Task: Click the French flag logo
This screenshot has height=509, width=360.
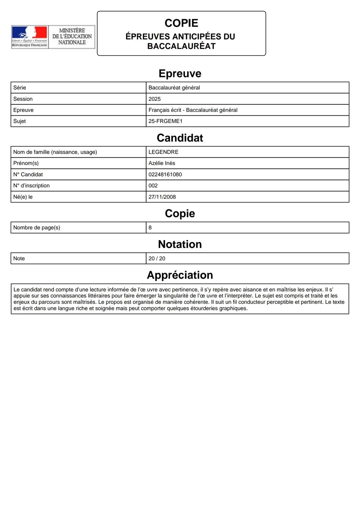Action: tap(29, 34)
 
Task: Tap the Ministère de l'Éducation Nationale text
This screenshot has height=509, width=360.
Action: tap(72, 36)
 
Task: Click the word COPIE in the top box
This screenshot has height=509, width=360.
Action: tap(181, 23)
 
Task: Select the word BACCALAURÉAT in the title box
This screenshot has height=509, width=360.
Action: tap(181, 46)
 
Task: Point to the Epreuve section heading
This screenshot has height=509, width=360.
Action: tap(180, 73)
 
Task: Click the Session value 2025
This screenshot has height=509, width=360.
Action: tap(155, 99)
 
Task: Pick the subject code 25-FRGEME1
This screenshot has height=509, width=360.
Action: tap(166, 121)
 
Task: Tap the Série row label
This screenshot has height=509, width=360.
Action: tap(20, 88)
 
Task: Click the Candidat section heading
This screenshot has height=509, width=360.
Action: tap(180, 138)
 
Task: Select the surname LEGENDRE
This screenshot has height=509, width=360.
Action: tap(163, 152)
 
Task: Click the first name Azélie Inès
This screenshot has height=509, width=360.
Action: tap(162, 163)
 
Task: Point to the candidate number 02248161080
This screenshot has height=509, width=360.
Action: tap(165, 174)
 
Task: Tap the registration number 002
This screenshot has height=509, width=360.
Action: tap(153, 185)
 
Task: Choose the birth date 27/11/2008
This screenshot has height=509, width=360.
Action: tap(162, 197)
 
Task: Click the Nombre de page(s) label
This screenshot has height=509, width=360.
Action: tap(37, 228)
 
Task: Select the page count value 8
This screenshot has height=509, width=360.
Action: tap(150, 228)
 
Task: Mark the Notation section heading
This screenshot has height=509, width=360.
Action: tap(180, 244)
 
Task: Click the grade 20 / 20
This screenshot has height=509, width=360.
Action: tap(157, 258)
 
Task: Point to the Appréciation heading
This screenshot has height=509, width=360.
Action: tap(180, 275)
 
